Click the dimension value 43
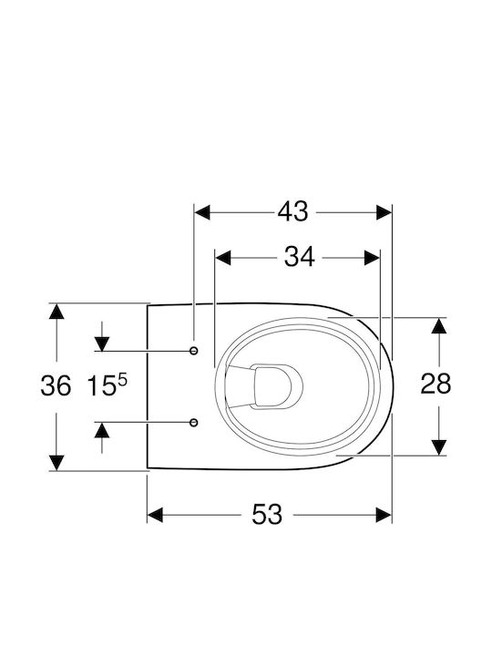292,211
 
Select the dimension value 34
299,257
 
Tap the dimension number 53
267,515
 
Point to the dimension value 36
56,385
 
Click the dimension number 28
436,384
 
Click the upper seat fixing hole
194,351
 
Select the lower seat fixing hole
194,423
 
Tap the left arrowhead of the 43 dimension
202,212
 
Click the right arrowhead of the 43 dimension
384,212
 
